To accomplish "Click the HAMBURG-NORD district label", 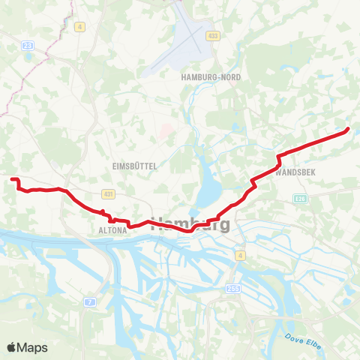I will pos(205,76).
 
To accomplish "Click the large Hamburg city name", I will pos(190,223).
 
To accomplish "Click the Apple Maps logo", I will pos(27,347).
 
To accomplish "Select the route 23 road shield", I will pos(28,46).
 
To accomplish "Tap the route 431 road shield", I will pos(109,194).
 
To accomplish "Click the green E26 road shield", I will pos(300,198).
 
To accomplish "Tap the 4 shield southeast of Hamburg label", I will pos(241,256).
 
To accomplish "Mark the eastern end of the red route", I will pos(347,130).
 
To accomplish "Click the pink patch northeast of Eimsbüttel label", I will pos(167,133).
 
